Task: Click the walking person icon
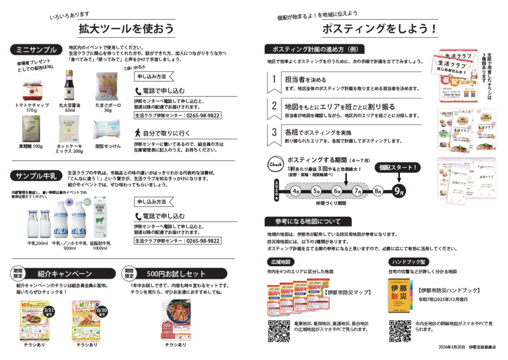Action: point(138,133)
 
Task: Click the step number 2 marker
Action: point(273,105)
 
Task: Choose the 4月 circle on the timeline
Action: point(296,191)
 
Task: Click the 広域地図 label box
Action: point(280,262)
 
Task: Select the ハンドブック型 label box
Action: point(408,262)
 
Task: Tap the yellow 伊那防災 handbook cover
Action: point(399,295)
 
